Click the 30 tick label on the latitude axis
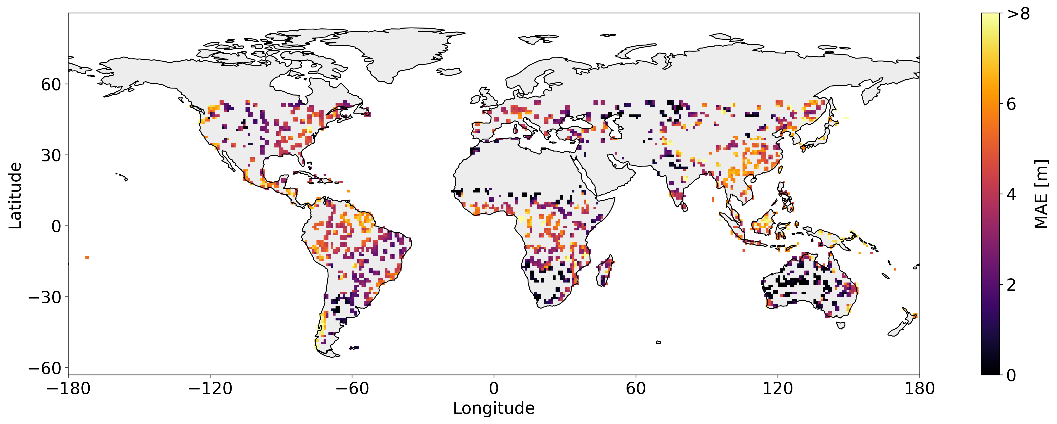pyautogui.click(x=51, y=155)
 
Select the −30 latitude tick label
pyautogui.click(x=44, y=297)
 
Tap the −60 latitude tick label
pyautogui.click(x=44, y=368)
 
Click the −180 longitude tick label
pyautogui.click(x=68, y=388)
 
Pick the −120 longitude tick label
pyautogui.click(x=210, y=388)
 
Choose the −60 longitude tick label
pyautogui.click(x=352, y=388)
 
